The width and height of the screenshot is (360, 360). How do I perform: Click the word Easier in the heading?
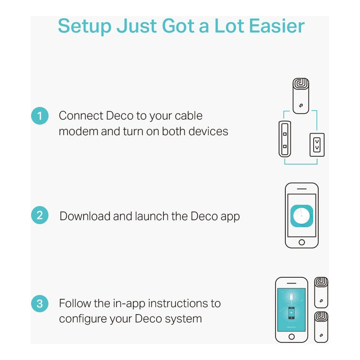coord(277,26)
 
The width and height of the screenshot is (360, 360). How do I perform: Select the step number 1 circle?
coord(40,116)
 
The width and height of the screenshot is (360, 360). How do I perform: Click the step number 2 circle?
coord(40,215)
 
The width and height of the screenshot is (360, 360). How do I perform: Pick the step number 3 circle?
coord(40,303)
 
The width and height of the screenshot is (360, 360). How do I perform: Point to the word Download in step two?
coord(85,216)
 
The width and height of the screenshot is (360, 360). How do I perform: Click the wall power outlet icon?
coord(317,145)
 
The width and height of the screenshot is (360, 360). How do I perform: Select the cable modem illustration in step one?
coord(285,139)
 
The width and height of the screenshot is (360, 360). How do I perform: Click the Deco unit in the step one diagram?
coord(301,96)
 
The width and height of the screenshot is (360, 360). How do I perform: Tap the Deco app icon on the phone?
coord(301,216)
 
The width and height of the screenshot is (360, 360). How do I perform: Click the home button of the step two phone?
coord(301,242)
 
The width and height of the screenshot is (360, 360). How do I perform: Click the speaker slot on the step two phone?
coord(301,189)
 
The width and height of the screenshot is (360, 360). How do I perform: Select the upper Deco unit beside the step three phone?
coord(321,292)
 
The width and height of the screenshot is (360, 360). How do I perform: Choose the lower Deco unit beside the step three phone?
coord(321,327)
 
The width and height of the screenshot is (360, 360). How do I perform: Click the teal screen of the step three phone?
coord(291,310)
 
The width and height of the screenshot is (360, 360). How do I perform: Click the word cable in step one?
coord(189,116)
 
